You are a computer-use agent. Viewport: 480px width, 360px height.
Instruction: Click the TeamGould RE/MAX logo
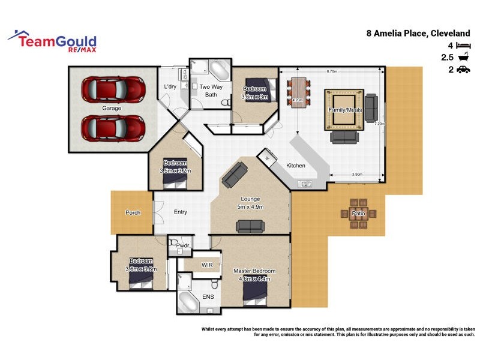pos(52,41)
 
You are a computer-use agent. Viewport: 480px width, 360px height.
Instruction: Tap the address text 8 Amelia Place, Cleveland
pos(418,34)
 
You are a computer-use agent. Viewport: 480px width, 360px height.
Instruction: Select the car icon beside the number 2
pos(463,70)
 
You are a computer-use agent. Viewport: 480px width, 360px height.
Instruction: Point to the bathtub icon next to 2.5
pos(463,58)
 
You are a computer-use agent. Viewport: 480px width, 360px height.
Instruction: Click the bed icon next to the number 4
pos(463,46)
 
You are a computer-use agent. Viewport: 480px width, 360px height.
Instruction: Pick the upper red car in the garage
pos(113,89)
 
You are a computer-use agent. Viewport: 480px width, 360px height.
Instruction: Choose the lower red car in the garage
pos(113,127)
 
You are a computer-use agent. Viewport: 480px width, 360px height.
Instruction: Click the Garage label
pos(112,109)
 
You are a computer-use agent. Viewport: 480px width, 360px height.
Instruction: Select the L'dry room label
pos(170,87)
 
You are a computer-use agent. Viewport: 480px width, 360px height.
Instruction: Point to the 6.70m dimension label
pos(331,71)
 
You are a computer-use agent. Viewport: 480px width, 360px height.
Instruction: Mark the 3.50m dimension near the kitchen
pos(356,175)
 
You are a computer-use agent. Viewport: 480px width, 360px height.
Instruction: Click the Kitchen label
pos(295,166)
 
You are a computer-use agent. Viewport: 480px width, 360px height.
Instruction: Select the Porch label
pos(133,213)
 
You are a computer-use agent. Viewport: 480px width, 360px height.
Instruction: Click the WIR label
pos(208,265)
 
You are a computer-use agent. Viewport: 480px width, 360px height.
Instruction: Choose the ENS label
pos(208,297)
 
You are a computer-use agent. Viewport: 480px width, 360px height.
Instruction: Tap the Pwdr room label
pos(182,245)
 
